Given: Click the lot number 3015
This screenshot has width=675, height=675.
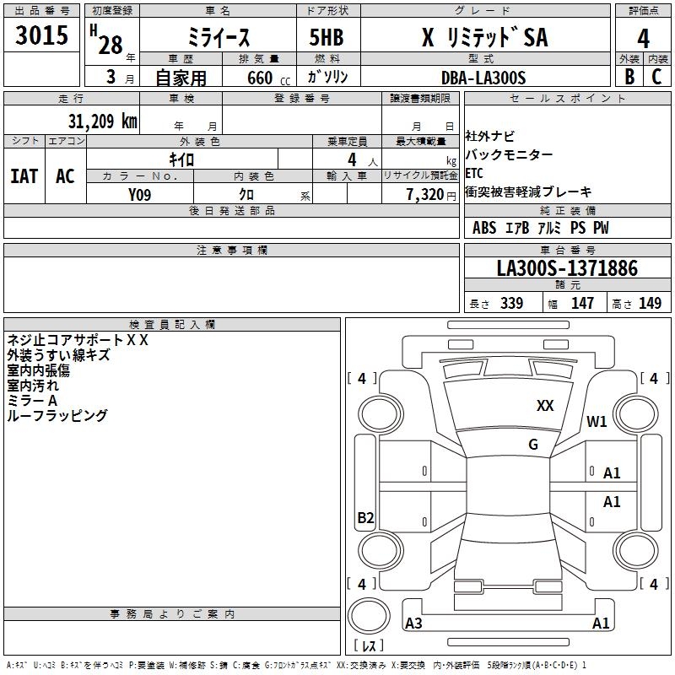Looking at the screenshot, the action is coord(41,36).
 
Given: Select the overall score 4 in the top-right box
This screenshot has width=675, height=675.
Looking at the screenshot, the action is coord(644,38).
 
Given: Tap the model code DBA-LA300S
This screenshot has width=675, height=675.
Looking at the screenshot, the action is coord(483,78).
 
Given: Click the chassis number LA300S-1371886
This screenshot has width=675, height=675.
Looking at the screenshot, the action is coord(567,269).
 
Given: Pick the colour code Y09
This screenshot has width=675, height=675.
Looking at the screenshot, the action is coord(140,195).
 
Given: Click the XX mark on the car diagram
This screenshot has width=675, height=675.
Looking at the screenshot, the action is coord(545,406).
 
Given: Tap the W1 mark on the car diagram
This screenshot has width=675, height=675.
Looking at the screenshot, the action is coord(597,422).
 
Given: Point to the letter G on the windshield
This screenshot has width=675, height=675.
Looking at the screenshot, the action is coord(532,445).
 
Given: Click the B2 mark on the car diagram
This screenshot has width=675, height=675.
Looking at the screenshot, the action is coord(365,518).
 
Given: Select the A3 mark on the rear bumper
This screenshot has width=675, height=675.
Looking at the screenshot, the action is coord(414,624).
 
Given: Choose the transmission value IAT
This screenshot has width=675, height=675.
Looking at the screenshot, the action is coord(24,176).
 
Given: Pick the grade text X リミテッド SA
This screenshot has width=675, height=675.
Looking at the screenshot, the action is coord(484,38).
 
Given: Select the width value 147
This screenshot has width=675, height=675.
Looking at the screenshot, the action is coord(582,304).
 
